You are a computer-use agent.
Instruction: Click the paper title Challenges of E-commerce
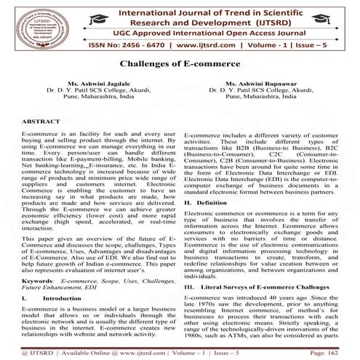180,65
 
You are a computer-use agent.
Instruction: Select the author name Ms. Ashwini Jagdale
91,85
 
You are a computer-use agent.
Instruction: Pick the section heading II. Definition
207,200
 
